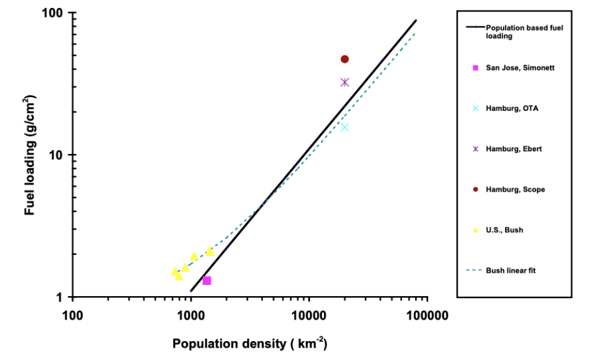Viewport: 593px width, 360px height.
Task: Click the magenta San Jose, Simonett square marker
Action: pos(207,280)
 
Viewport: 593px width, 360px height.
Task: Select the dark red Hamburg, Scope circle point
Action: pos(345,59)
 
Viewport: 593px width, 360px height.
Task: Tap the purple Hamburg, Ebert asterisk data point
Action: pos(345,82)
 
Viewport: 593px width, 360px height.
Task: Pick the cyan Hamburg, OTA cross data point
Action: pos(345,127)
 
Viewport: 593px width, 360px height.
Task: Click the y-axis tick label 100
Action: pos(52,14)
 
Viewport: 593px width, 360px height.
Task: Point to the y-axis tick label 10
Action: pos(55,155)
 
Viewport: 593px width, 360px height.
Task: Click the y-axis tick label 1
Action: pos(58,297)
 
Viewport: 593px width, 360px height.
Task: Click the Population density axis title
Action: pos(250,343)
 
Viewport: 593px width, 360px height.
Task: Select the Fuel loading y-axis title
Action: pos(31,155)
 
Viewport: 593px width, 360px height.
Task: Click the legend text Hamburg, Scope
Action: pos(515,189)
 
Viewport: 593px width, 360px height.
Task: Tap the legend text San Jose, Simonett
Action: pos(520,68)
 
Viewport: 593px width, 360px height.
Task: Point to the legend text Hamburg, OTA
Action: pos(512,108)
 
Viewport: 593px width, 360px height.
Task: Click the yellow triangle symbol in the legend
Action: pos(476,230)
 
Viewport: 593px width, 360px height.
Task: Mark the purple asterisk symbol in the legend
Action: pos(476,149)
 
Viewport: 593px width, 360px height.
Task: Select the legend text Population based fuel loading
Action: pos(524,32)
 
